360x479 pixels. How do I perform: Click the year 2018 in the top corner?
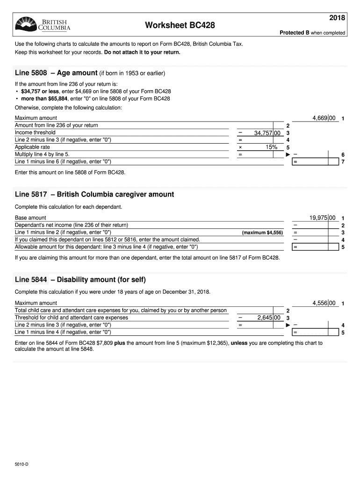337,18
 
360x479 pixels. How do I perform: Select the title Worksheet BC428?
180,25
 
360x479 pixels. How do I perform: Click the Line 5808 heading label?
31,73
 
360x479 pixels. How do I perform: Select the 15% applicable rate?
272,147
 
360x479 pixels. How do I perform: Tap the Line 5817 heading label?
31,194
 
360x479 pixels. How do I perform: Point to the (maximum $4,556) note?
262,232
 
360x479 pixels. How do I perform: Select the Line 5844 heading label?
31,280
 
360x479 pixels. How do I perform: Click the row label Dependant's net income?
72,225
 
